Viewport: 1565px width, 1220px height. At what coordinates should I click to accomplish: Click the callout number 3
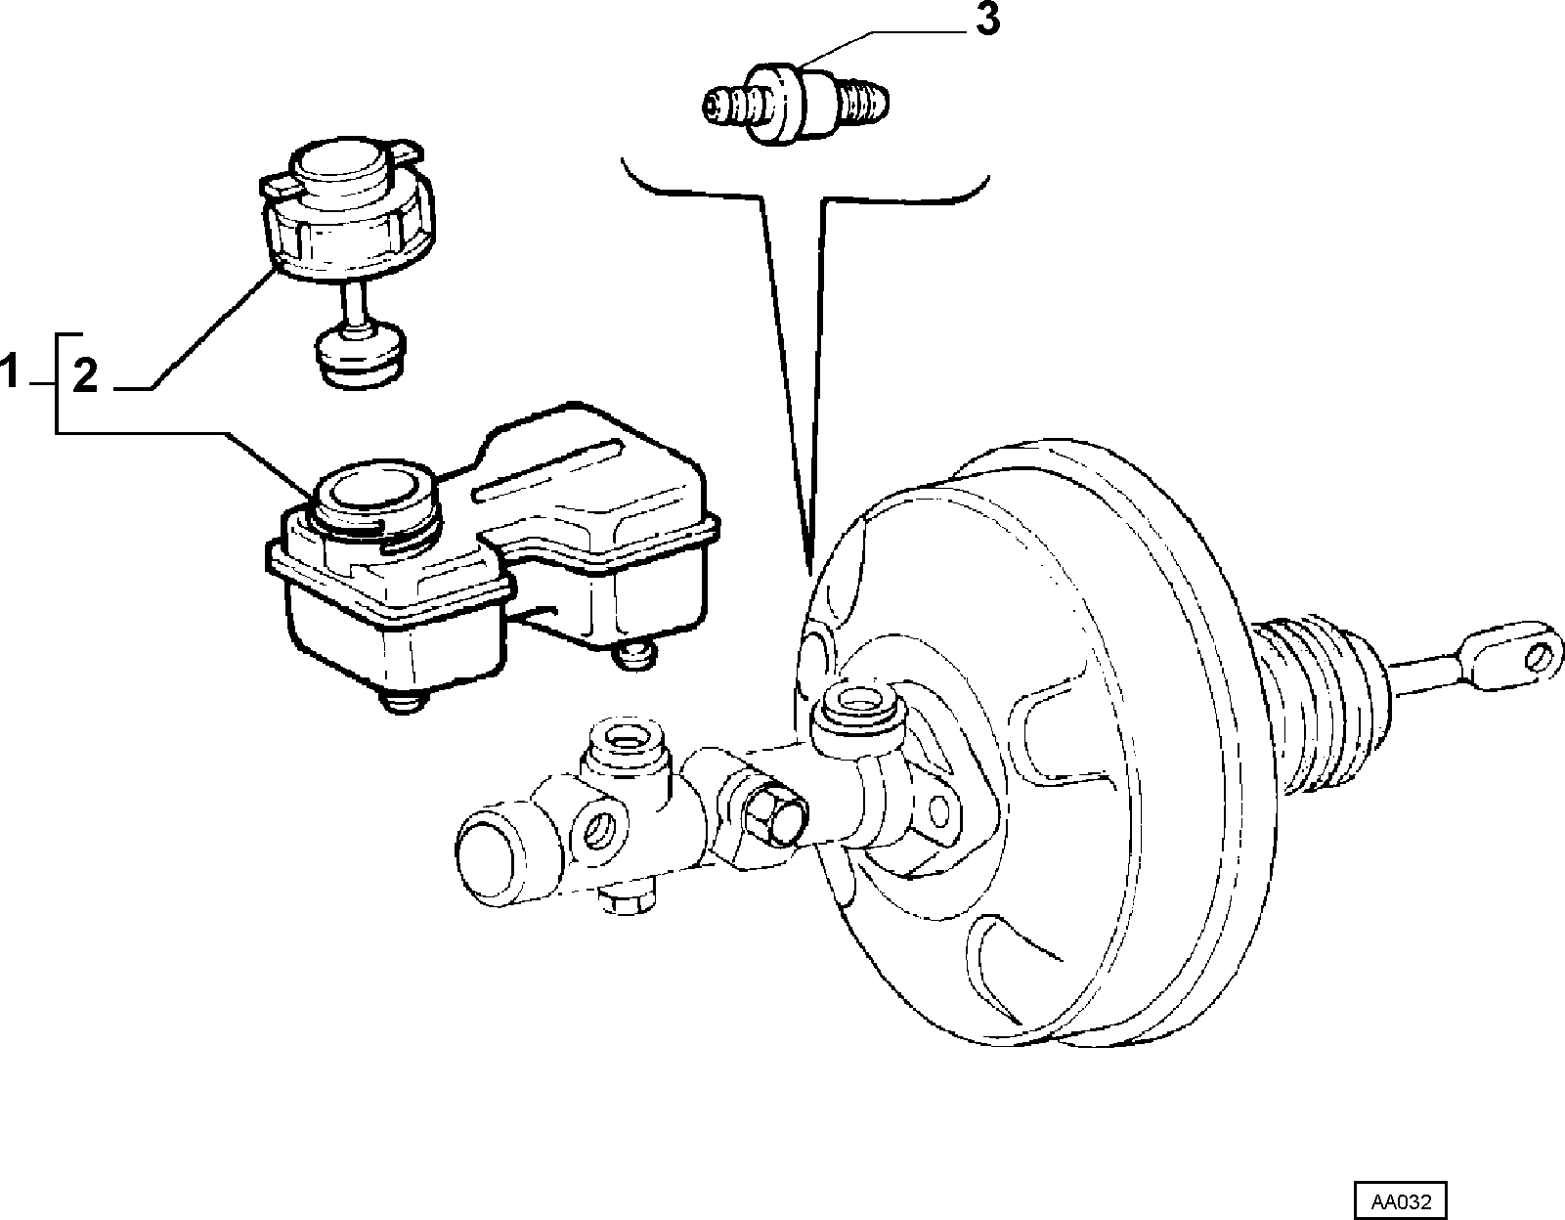pyautogui.click(x=988, y=21)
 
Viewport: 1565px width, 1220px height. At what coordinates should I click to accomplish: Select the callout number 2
pyautogui.click(x=85, y=376)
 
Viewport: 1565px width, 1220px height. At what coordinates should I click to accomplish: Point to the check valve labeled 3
pyautogui.click(x=795, y=106)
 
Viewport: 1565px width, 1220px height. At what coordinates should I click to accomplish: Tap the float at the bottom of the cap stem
pyautogui.click(x=360, y=356)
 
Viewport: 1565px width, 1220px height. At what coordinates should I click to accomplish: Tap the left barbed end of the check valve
pyautogui.click(x=726, y=107)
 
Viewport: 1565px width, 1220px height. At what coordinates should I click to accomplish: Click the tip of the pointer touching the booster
pyautogui.click(x=809, y=576)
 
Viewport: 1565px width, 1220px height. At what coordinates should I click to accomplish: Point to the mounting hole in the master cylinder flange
pyautogui.click(x=938, y=811)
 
